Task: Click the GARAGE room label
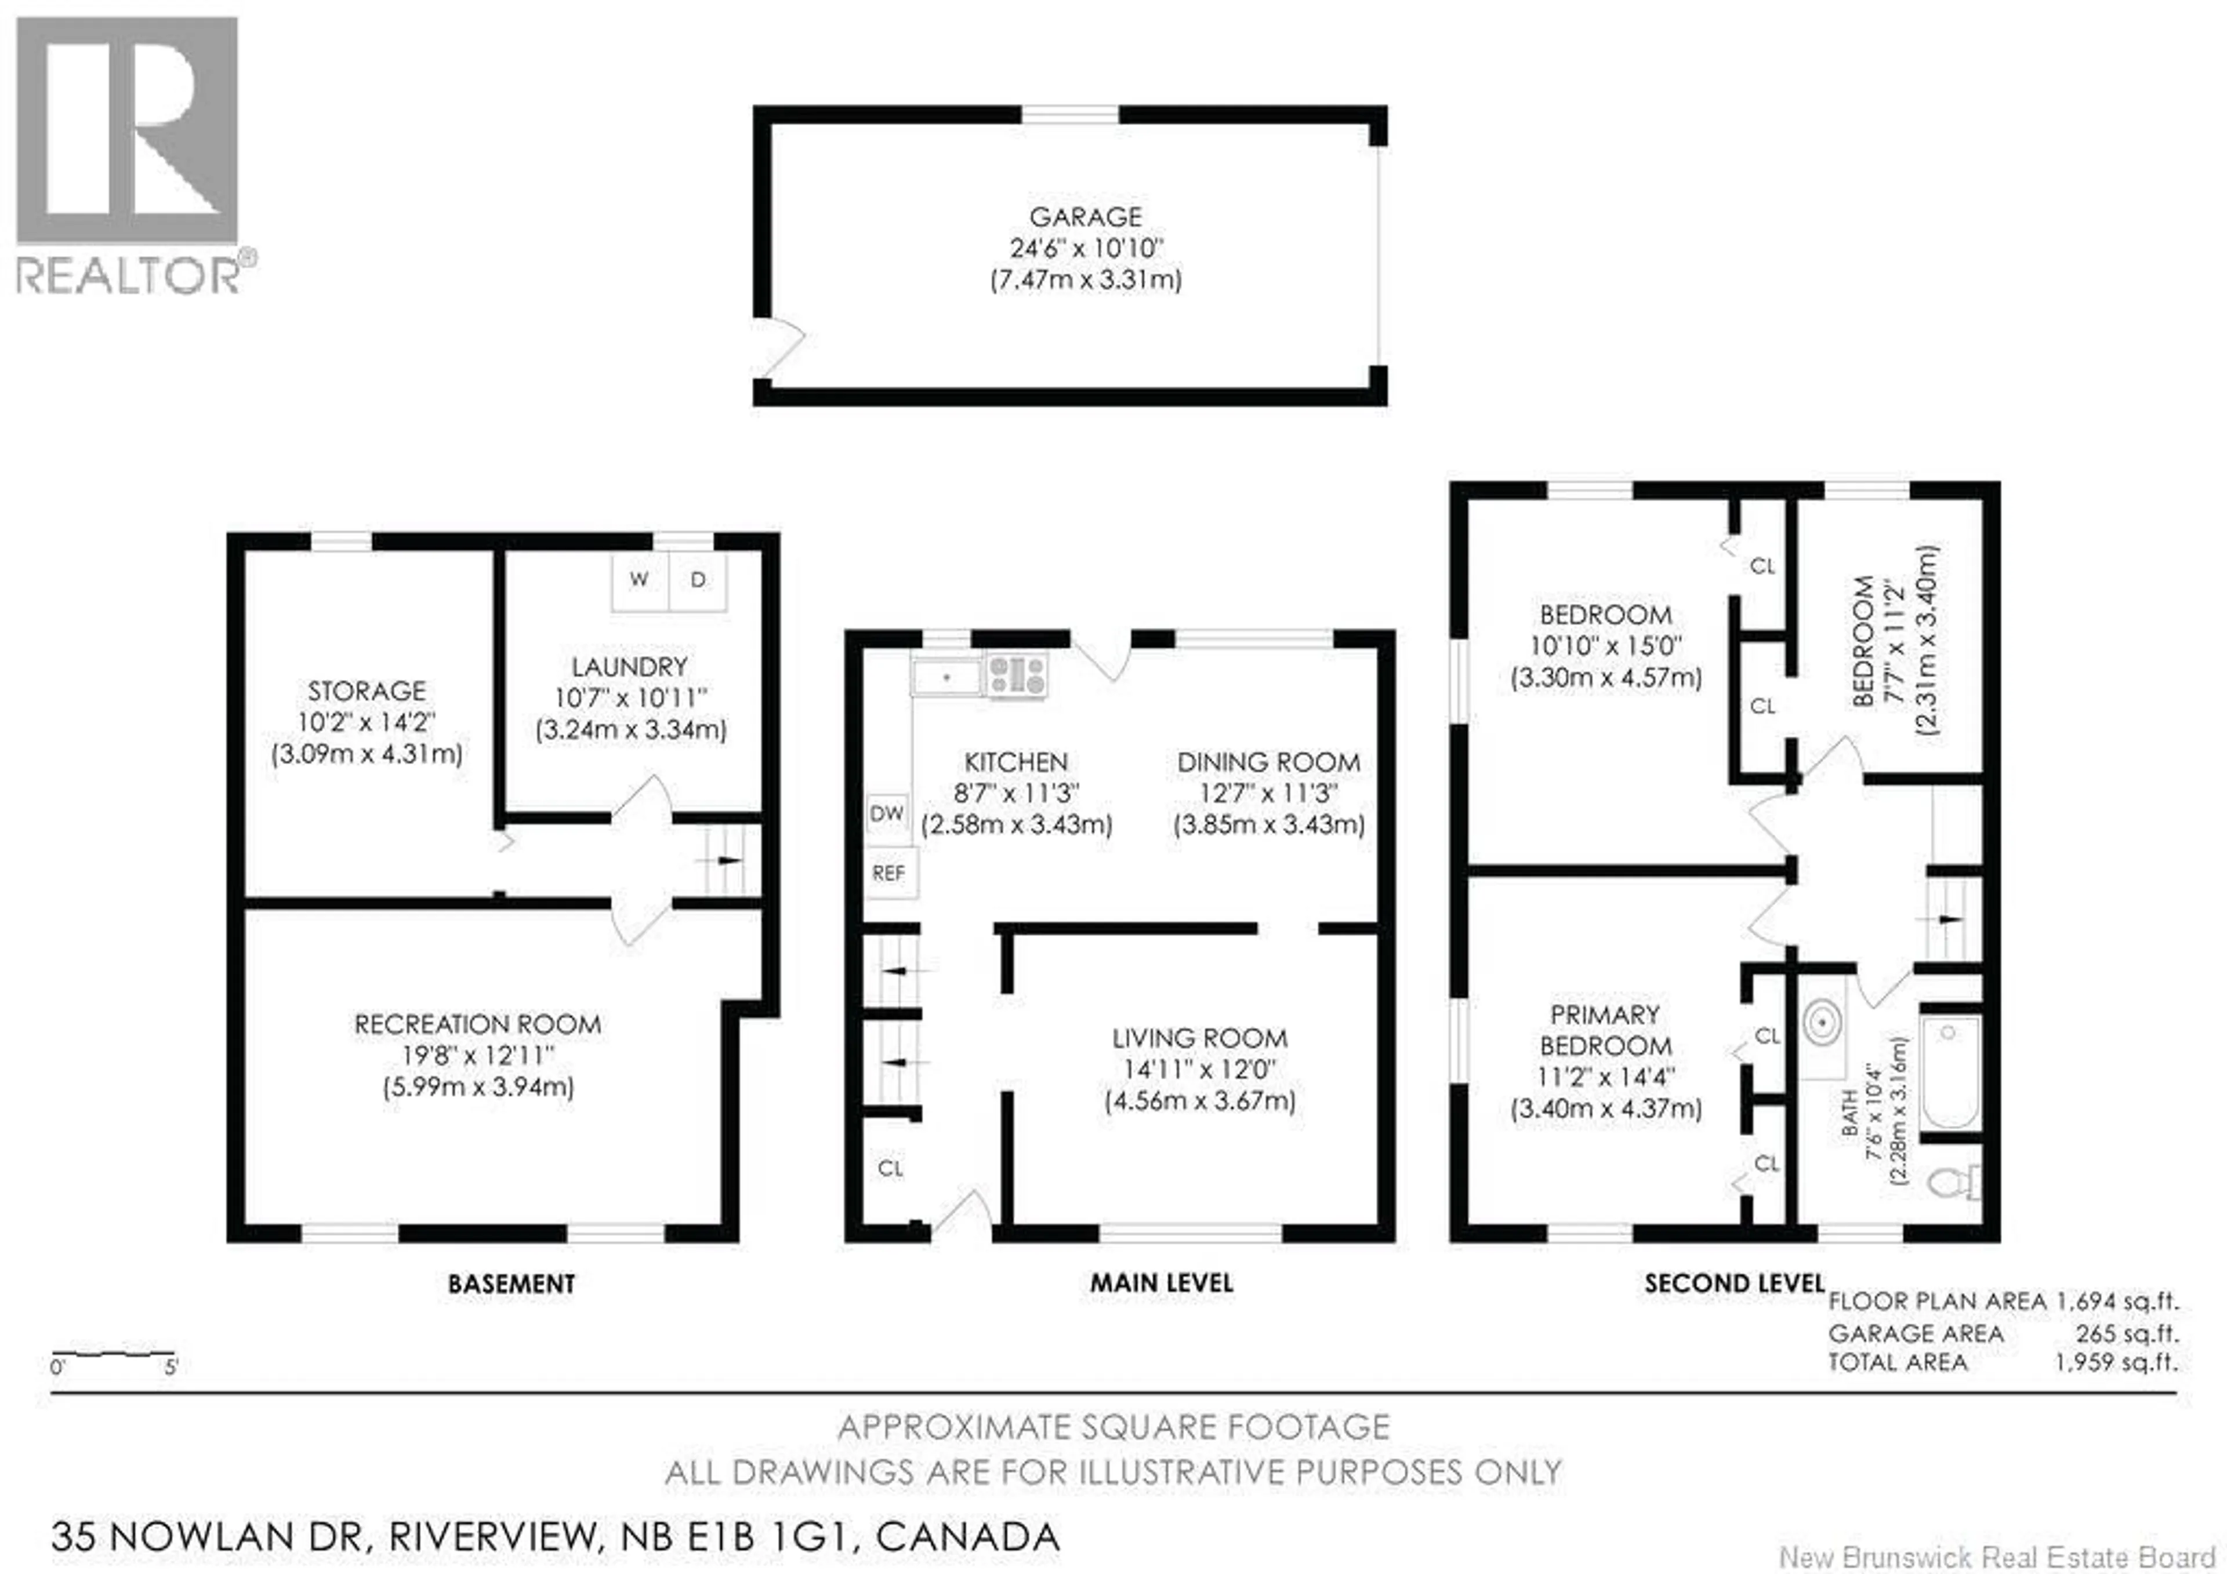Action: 1085,216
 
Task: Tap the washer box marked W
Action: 639,580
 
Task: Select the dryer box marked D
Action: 698,580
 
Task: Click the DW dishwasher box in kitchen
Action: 887,813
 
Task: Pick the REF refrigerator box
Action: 888,873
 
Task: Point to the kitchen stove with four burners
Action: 1017,675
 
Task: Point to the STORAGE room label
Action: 367,690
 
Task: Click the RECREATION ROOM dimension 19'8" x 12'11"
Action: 478,1055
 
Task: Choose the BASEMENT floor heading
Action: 511,1284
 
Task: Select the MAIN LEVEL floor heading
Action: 1161,1283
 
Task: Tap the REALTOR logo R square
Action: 127,130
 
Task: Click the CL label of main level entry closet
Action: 890,1169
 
